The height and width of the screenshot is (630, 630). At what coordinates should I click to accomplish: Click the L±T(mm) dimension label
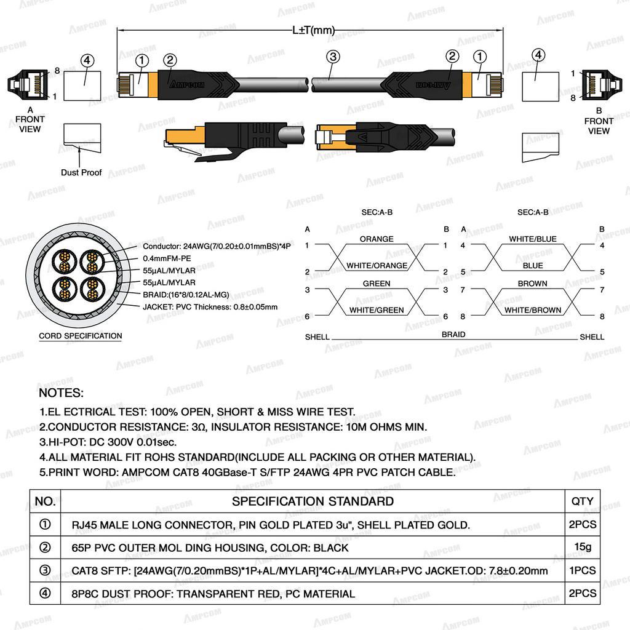[313, 30]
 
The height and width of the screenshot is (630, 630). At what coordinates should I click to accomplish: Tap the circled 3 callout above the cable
[333, 57]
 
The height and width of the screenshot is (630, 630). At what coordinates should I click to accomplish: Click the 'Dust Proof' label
[81, 172]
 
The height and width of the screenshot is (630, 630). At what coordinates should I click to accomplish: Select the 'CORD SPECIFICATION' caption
[81, 336]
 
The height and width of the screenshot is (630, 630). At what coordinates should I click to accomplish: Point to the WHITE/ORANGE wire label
[377, 266]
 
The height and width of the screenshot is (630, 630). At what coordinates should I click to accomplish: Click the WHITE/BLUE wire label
[533, 239]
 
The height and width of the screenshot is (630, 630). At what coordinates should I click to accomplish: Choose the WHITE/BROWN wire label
[533, 310]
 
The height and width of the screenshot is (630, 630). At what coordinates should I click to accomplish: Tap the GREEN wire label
[377, 284]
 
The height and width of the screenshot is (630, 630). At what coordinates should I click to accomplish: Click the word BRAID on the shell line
[453, 334]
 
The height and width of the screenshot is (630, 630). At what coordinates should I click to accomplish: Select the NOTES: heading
[62, 393]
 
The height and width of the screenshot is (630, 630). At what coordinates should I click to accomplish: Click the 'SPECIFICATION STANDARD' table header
[313, 501]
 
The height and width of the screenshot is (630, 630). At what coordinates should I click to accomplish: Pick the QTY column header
[582, 501]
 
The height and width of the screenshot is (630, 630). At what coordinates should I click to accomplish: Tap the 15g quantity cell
[583, 547]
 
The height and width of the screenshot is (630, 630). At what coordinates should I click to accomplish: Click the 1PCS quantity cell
[583, 570]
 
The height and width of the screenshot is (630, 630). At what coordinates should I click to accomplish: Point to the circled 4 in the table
[45, 594]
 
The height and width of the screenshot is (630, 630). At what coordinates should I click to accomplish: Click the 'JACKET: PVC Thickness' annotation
[210, 307]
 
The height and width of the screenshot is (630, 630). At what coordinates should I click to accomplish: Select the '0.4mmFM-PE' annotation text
[167, 258]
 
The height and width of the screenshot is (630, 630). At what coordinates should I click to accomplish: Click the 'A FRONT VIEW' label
[30, 119]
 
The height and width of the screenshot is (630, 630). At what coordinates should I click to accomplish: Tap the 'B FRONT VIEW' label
[599, 121]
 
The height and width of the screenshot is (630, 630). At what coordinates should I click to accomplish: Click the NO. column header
[45, 501]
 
